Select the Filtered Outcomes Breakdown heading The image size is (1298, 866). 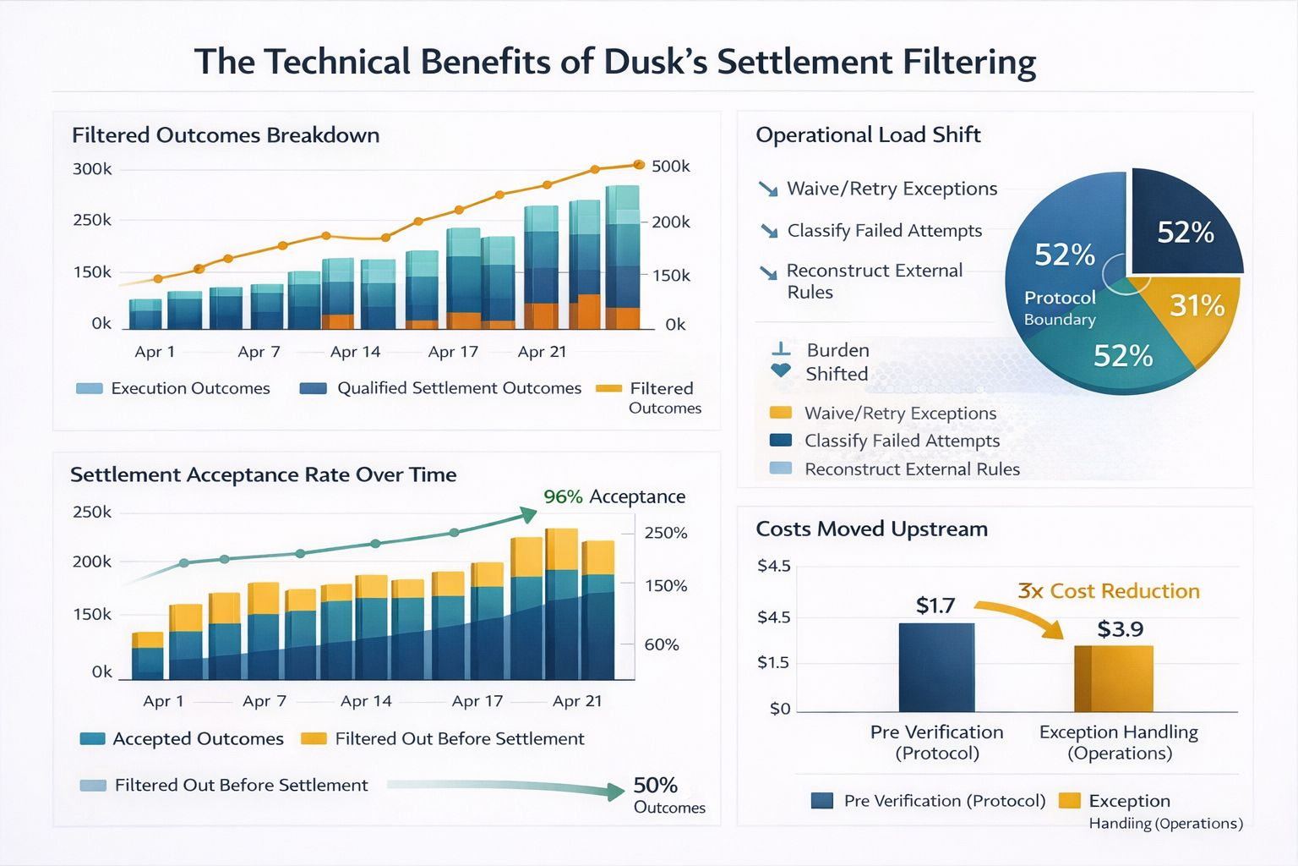tap(226, 135)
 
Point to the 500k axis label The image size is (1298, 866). tap(671, 167)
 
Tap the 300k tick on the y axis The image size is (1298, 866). tap(92, 169)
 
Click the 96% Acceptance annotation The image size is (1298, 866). tap(614, 497)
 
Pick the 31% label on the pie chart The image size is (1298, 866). tap(1197, 305)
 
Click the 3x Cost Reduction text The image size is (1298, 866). tap(1108, 591)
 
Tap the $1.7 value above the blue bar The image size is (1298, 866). tap(935, 606)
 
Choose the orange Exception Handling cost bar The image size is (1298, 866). tap(1114, 678)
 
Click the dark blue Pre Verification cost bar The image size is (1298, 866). tap(936, 667)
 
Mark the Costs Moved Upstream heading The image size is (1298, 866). tap(871, 529)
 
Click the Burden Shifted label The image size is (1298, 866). tap(837, 362)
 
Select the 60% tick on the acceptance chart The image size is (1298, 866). tap(662, 644)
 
